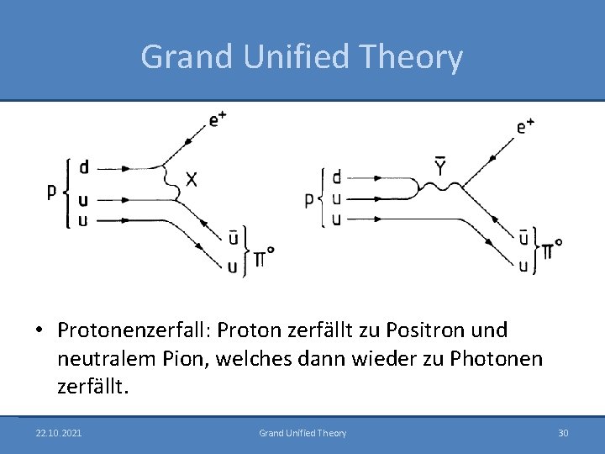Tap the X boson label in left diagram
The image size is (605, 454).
point(192,179)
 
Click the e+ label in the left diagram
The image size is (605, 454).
point(218,119)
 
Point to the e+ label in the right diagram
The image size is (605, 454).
point(526,126)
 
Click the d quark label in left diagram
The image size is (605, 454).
point(84,167)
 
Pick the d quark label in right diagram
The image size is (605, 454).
point(337,177)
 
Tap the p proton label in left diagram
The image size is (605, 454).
point(52,192)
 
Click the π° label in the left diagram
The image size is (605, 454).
point(264,255)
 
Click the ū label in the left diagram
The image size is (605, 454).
point(233,239)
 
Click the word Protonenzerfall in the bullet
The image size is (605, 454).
point(134,330)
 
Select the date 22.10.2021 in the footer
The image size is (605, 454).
point(59,433)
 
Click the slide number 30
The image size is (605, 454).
point(563,433)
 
